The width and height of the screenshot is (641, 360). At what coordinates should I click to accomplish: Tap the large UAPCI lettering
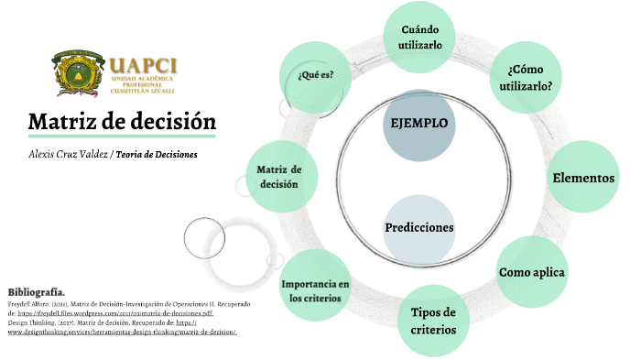tap(143, 66)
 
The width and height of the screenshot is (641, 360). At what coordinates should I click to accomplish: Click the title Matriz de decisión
tap(122, 121)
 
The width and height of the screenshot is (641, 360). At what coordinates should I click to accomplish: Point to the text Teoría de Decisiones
tap(157, 154)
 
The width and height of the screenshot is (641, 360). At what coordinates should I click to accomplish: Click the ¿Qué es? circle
tap(316, 74)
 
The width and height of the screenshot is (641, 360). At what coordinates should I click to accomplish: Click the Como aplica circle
tap(532, 272)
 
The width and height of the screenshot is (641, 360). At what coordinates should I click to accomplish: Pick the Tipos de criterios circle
tap(433, 321)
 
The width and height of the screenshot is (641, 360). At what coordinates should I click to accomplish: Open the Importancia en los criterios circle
tap(316, 290)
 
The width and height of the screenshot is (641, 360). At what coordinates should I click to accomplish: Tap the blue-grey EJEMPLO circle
tap(419, 122)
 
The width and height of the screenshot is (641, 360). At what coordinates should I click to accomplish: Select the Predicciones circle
tap(419, 227)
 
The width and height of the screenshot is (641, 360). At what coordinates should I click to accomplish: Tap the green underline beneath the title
tap(122, 136)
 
